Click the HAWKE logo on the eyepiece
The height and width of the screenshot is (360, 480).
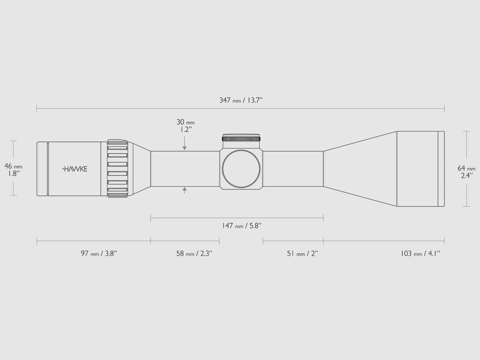(75, 169)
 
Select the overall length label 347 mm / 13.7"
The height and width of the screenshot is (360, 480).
(241, 100)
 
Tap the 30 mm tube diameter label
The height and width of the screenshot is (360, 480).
(185, 122)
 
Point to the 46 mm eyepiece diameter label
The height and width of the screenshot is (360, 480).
(13, 166)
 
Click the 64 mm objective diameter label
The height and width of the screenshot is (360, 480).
(466, 168)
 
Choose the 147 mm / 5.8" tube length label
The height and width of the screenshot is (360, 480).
(242, 226)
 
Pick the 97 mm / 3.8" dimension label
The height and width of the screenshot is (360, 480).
(99, 253)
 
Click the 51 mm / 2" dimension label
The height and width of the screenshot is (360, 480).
(302, 253)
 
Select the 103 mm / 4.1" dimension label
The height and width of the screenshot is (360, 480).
(420, 253)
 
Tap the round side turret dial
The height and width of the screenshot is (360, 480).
(241, 169)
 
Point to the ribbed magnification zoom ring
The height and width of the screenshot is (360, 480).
(118, 169)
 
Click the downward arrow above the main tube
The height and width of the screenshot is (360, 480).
(184, 147)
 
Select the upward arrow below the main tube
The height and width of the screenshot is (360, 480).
(184, 190)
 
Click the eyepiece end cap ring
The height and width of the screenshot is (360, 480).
(42, 169)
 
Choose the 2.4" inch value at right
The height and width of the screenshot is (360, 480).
(467, 175)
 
